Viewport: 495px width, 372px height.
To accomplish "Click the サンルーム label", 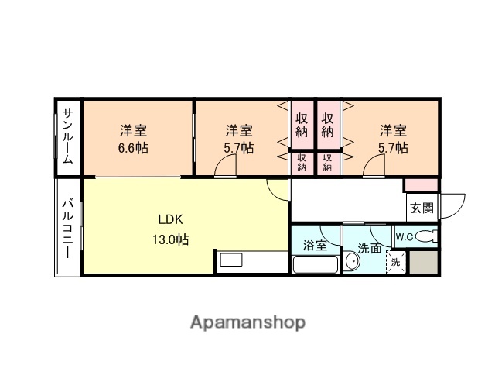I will click(67, 136).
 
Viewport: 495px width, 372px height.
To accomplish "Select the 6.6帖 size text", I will click(133, 148).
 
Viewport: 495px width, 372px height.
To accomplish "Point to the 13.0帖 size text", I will click(170, 239).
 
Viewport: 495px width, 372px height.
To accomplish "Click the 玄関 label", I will click(422, 207).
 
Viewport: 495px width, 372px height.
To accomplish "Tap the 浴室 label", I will click(315, 246).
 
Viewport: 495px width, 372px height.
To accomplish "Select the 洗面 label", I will click(369, 248).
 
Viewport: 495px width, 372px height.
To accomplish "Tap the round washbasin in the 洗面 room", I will click(352, 263).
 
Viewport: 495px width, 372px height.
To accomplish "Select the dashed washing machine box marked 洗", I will click(396, 262).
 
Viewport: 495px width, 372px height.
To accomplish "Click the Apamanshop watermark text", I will click(247, 322).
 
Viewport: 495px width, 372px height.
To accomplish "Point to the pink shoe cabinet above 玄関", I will click(422, 185).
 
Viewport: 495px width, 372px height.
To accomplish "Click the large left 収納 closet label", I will click(302, 125).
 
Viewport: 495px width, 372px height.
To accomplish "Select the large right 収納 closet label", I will click(329, 125).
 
